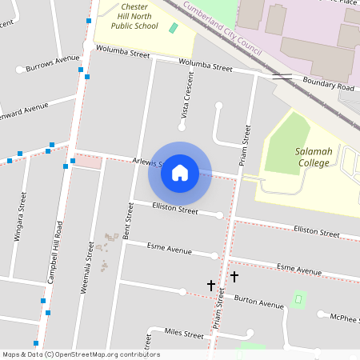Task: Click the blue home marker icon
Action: (180, 173)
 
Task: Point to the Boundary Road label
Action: (328, 86)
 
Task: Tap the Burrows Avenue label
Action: (53, 62)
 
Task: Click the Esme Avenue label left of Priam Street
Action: (169, 250)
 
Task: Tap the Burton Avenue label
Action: (258, 302)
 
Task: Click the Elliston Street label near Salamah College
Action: (316, 231)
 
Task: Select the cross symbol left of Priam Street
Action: (211, 285)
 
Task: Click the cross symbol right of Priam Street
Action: (234, 276)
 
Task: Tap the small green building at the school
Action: (174, 28)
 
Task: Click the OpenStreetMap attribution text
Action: (80, 354)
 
